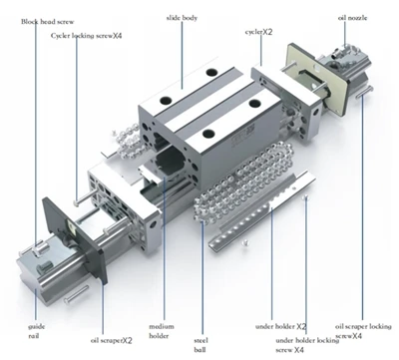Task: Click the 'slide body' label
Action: click(182, 18)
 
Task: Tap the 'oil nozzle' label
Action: click(352, 18)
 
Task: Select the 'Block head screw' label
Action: click(48, 22)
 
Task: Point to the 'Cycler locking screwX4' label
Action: click(87, 36)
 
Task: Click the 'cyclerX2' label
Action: click(259, 32)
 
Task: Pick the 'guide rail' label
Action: click(36, 331)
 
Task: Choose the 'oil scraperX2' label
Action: click(112, 341)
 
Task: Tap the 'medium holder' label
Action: click(162, 331)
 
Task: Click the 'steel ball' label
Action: click(200, 345)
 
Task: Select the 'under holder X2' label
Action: click(280, 326)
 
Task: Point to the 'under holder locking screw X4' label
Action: click(307, 345)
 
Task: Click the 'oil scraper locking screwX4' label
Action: click(363, 331)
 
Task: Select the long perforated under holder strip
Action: click(262, 211)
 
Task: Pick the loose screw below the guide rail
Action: click(76, 294)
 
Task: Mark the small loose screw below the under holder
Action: click(245, 243)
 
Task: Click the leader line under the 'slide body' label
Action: click(182, 56)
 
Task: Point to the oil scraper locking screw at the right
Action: click(364, 92)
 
